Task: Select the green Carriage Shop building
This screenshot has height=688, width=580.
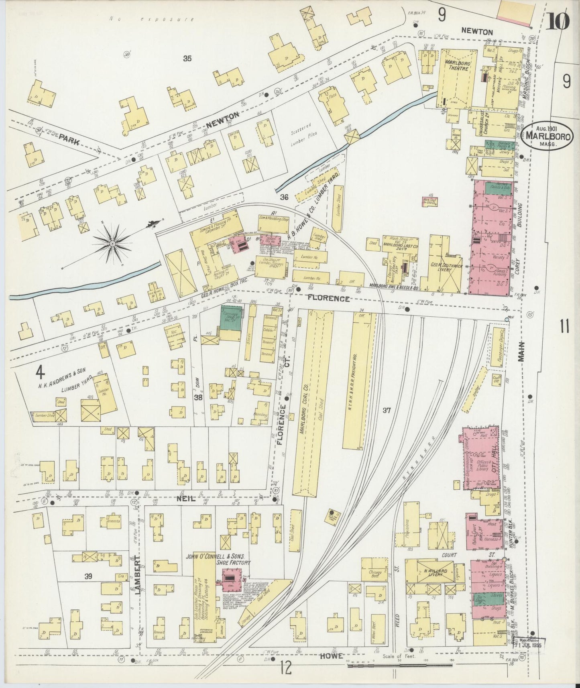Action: point(231,318)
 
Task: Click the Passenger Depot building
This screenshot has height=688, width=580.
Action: point(496,345)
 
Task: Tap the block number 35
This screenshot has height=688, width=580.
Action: point(187,59)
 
